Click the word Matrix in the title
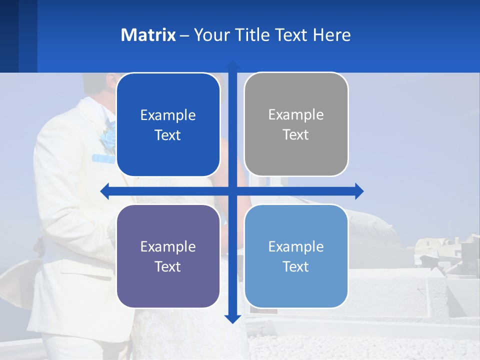tap(148, 35)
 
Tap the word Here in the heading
tap(331, 35)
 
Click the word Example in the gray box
tap(296, 115)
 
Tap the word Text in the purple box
tap(168, 266)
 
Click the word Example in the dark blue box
tap(168, 115)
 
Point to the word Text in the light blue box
tap(296, 266)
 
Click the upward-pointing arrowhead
tap(232, 65)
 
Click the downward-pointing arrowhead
tap(232, 318)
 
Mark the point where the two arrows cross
tap(232, 191)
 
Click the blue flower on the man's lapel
tap(108, 138)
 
